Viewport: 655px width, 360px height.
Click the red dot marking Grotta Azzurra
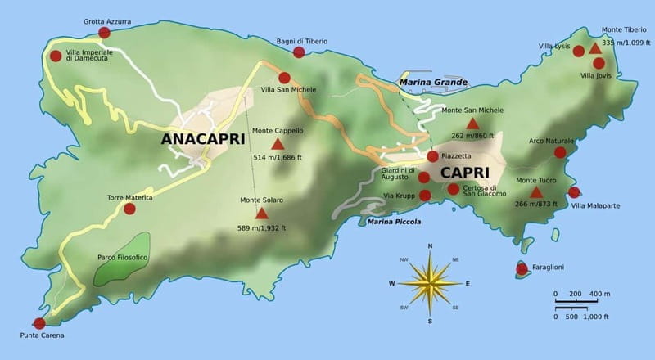click(104, 33)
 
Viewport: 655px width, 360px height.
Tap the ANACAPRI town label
click(204, 138)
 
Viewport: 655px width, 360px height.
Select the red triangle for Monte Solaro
click(261, 214)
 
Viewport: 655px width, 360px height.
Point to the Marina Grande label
click(433, 83)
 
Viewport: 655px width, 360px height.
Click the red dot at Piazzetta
click(432, 156)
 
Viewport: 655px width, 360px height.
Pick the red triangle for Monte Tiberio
click(595, 49)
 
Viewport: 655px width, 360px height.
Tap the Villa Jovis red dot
click(599, 63)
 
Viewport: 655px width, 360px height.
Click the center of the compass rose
click(430, 283)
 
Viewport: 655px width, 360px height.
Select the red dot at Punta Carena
click(39, 323)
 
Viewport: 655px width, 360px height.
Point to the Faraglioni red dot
click(522, 268)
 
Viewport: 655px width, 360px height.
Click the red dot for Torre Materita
click(129, 209)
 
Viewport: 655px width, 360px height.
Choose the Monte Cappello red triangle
click(278, 144)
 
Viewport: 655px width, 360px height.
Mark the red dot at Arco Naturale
click(560, 152)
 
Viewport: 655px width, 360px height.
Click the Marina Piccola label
click(394, 222)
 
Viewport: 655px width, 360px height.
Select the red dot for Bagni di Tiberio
click(299, 52)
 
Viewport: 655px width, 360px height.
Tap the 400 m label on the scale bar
click(600, 294)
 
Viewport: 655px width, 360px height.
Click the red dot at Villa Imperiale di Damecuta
click(56, 56)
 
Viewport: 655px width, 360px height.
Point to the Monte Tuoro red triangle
click(536, 192)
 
